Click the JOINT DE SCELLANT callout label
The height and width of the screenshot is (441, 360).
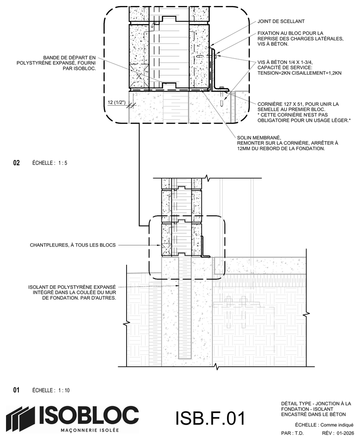click(281, 21)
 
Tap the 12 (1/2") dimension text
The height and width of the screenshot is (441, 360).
click(116, 103)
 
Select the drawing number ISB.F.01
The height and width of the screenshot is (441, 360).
click(210, 418)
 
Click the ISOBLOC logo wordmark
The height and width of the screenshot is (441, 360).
click(88, 415)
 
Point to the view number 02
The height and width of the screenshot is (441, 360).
click(17, 163)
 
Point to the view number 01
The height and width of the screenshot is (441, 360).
click(17, 390)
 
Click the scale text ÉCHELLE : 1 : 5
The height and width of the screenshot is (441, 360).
click(50, 163)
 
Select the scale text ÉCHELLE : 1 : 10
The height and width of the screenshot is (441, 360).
click(51, 390)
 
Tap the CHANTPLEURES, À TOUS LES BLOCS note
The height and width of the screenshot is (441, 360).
click(73, 245)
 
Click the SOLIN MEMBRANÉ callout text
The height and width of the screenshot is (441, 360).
click(287, 143)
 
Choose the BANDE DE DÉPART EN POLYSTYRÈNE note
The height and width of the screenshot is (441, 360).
click(56, 63)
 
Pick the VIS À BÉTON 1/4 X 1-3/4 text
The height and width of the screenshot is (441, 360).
click(299, 68)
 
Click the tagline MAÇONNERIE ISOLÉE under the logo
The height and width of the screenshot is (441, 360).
click(90, 430)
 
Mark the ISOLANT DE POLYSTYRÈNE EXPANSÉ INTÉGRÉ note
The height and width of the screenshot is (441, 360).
click(72, 293)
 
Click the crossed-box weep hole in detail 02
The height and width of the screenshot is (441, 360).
click(139, 76)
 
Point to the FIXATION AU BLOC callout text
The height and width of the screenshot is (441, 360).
click(300, 39)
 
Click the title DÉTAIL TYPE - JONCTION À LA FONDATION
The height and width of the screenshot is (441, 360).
click(316, 409)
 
